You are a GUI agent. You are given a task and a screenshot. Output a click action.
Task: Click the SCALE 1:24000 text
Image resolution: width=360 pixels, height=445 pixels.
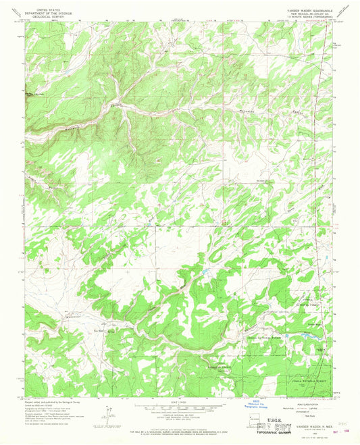click(179, 402)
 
